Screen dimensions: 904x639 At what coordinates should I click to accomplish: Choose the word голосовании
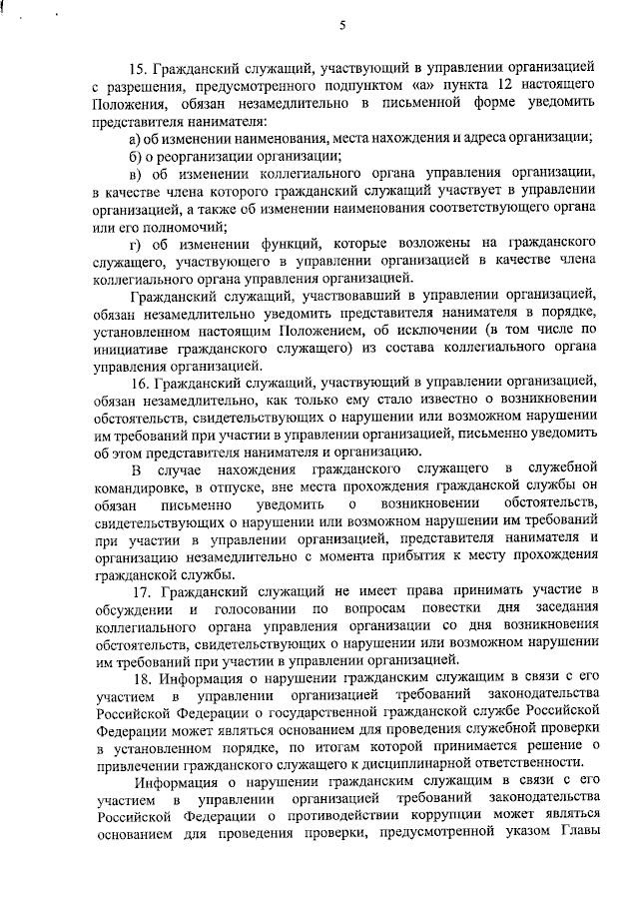click(x=252, y=608)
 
